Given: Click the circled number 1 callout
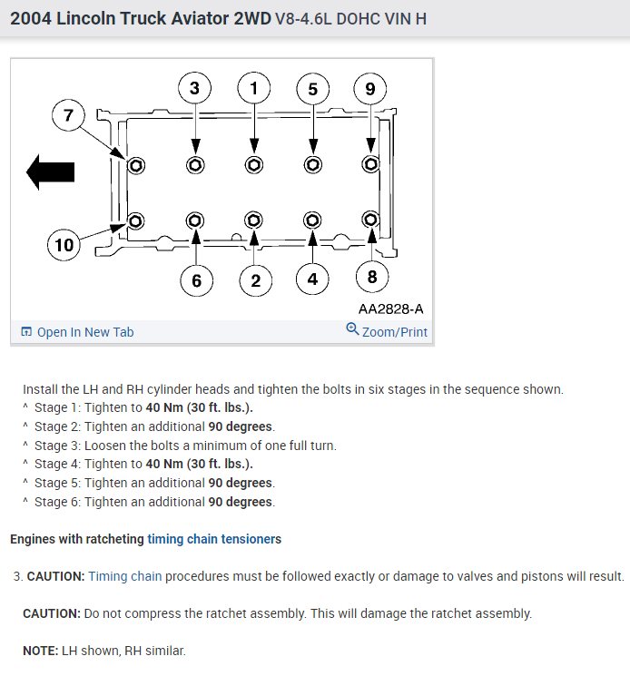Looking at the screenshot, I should coord(254,88).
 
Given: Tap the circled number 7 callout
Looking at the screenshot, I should coord(68,115).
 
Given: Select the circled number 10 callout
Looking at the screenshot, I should coord(64,245).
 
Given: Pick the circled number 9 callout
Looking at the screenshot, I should coord(370,89).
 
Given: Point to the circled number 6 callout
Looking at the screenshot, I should coord(196,280).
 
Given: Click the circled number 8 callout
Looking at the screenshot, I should coord(371,277).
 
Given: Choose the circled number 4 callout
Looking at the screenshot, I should coord(312,279).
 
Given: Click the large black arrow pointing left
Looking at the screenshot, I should coord(50,171).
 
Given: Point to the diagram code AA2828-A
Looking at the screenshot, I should coord(390,309).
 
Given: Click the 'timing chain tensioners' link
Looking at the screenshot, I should coord(214,539).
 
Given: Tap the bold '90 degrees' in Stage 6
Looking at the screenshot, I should coord(241,502).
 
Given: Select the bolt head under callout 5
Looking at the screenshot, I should coord(313,165).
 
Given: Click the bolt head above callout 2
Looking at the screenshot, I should coord(254,220).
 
